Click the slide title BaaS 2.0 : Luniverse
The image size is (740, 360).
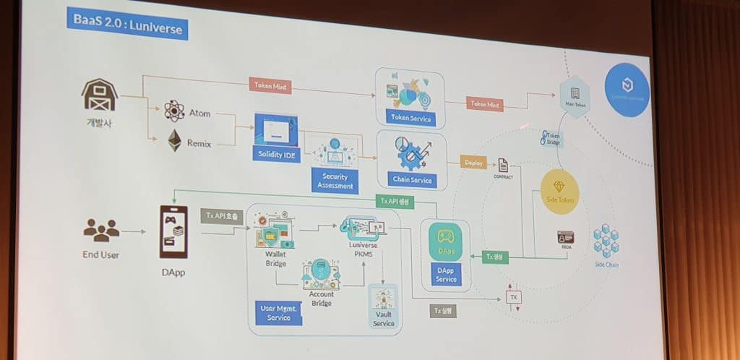tap(127, 27)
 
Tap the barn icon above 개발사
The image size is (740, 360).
tap(100, 95)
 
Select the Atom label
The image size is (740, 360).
tap(199, 113)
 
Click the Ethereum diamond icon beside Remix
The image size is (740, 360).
tap(175, 140)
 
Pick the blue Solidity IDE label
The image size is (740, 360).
tap(275, 154)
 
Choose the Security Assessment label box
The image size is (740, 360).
tap(335, 181)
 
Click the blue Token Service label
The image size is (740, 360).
tap(410, 119)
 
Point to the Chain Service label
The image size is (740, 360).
tap(412, 180)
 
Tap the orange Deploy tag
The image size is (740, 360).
tap(474, 163)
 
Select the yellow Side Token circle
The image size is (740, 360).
tap(559, 192)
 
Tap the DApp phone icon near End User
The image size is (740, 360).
tap(173, 231)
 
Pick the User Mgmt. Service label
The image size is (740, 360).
tap(275, 313)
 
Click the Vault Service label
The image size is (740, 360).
tap(384, 319)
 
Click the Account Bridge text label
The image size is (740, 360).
tap(322, 298)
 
